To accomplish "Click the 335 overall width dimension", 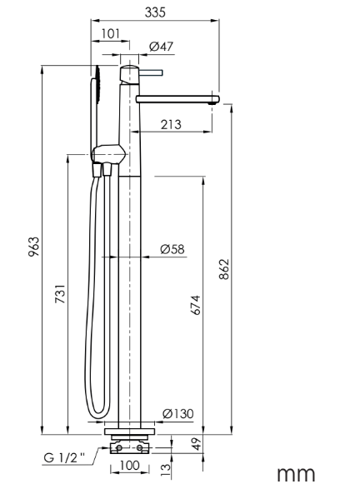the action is point(155,12).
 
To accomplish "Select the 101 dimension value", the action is point(111,33).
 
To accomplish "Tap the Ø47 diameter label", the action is point(162,47).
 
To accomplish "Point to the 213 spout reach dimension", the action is point(171,124).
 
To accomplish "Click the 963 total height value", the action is point(34,247).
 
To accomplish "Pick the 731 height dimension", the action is point(61,293).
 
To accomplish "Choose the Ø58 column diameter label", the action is point(172,249).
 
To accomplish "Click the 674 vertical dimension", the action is point(196,305).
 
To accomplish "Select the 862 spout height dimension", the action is point(224,269).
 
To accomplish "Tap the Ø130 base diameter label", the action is point(178,413).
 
